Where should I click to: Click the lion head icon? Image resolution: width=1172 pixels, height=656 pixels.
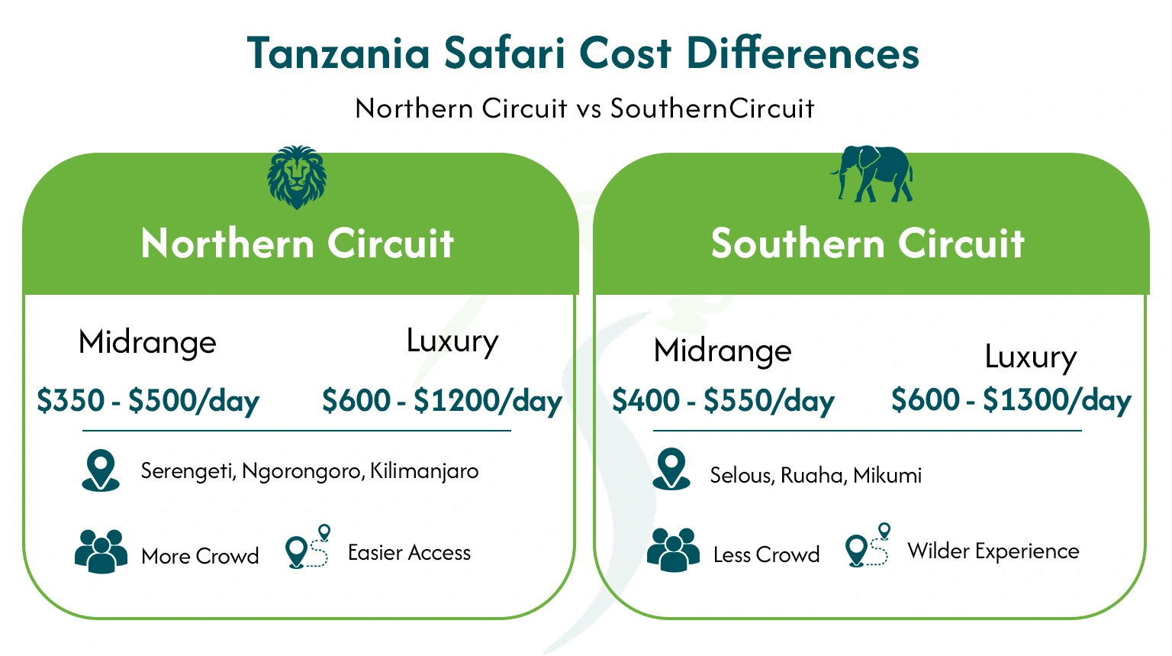tap(297, 177)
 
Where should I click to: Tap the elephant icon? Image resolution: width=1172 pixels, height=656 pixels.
tap(872, 174)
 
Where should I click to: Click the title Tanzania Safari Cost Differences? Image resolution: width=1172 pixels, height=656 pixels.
tap(584, 53)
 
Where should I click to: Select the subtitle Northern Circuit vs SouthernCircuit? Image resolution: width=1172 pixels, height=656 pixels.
tap(584, 108)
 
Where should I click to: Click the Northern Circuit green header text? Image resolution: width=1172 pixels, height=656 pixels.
tap(298, 244)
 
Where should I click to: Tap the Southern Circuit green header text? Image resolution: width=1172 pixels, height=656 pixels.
tap(868, 244)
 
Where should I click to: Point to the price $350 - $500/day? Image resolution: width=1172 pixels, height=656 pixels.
tap(148, 401)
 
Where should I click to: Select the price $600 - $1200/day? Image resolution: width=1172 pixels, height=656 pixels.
tap(442, 401)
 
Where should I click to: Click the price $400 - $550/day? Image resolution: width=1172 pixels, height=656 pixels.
tap(723, 401)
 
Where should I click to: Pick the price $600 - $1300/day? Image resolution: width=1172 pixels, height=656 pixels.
tap(1011, 400)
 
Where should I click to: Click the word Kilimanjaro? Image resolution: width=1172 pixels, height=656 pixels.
tap(424, 471)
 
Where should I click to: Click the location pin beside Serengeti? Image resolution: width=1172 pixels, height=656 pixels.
tap(101, 470)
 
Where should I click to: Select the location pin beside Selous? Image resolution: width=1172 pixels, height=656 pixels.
tap(671, 469)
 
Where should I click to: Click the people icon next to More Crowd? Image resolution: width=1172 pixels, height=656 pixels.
tap(101, 551)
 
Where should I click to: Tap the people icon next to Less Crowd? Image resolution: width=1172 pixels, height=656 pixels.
tap(673, 550)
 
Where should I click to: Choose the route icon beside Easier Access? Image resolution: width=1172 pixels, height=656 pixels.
tap(307, 547)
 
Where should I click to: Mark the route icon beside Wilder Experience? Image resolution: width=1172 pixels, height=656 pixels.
tap(868, 545)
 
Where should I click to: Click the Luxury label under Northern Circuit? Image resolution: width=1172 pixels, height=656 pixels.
tap(452, 341)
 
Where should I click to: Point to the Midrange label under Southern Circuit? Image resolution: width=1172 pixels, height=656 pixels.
tap(723, 351)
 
